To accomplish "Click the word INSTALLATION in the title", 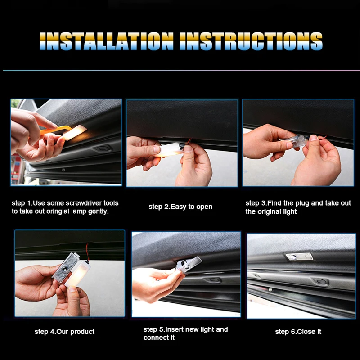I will tap(106, 41).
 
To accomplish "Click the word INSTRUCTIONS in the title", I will tap(251, 41).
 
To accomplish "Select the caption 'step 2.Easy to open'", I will tap(180, 207).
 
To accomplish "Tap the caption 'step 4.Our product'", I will tap(64, 332).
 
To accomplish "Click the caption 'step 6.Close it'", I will tap(298, 332).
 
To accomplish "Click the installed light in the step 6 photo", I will tap(299, 256).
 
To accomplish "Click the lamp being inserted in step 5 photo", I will tap(189, 264).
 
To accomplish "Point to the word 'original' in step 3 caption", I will tap(270, 211).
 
